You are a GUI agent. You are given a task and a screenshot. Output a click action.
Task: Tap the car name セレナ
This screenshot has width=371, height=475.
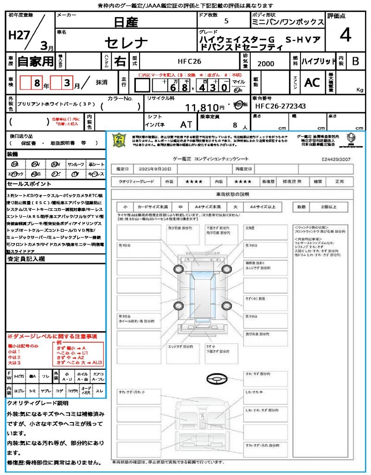126,43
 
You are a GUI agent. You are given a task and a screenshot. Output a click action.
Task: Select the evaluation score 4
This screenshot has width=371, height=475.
345,35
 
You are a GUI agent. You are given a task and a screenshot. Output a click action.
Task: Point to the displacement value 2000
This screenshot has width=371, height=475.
265,64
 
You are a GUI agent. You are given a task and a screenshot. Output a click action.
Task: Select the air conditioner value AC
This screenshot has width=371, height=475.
312,83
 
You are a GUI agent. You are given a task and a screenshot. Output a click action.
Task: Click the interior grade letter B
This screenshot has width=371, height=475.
355,61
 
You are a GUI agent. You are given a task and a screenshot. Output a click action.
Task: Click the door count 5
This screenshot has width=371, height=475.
226,21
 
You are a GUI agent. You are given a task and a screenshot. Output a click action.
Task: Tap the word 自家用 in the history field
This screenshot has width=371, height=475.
35,61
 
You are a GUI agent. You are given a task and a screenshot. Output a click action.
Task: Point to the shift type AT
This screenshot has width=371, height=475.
186,125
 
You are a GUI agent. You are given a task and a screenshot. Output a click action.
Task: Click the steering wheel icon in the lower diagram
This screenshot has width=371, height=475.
217,379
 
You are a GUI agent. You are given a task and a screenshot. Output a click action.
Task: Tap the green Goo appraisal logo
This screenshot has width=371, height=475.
120,140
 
